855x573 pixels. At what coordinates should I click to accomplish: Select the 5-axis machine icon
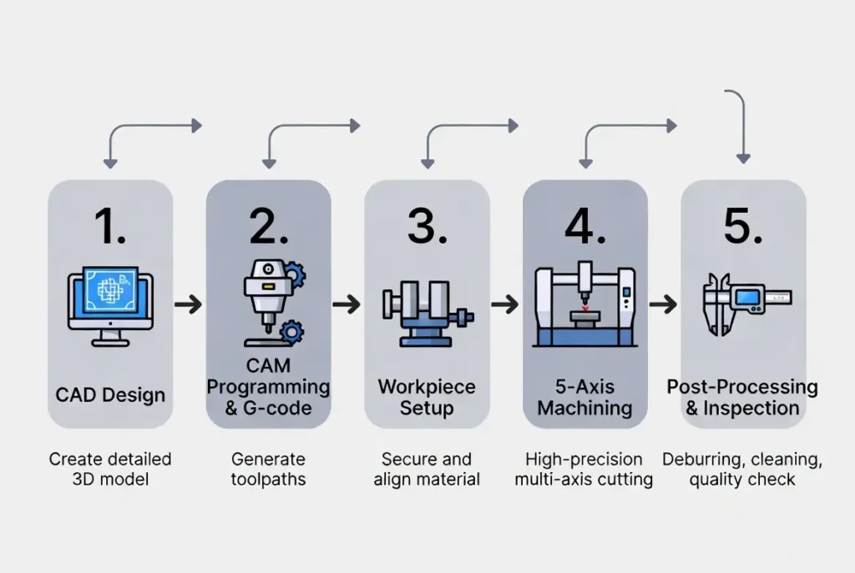584,305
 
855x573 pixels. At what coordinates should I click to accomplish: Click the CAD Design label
110,394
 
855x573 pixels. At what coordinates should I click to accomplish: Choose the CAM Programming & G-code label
268,388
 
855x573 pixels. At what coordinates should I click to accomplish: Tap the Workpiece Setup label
427,398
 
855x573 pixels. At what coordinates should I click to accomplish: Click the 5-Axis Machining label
584,398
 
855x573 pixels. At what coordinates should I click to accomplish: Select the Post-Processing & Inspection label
742,398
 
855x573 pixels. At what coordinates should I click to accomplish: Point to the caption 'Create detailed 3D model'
110,469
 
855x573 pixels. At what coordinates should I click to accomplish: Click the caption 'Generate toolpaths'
268,469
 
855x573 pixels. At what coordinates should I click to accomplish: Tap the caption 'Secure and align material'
427,469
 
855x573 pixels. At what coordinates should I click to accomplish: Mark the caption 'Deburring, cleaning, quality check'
742,469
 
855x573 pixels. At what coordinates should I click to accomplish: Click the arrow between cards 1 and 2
189,304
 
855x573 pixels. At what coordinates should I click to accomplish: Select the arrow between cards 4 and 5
663,304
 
